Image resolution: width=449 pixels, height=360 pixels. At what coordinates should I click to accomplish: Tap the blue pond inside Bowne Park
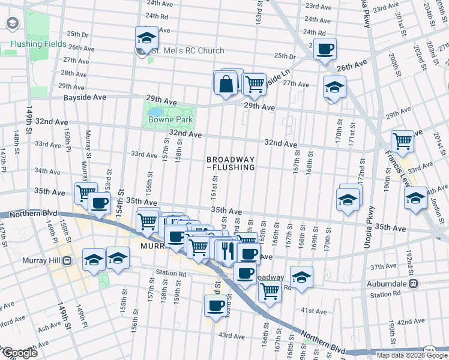coord(155,112)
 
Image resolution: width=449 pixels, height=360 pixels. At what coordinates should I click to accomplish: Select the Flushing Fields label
coord(37,44)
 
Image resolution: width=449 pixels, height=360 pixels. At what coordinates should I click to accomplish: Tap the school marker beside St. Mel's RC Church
coord(146,39)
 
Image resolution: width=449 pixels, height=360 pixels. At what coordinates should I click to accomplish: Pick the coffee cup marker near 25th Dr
coord(325,50)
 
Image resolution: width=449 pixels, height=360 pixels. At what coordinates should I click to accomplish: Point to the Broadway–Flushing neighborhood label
coord(231,164)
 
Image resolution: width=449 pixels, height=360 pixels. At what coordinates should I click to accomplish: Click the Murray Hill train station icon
coord(67,261)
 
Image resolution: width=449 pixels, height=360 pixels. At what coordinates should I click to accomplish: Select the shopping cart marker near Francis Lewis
coord(402,142)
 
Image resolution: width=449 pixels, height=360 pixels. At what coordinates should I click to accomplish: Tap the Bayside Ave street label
coord(85,97)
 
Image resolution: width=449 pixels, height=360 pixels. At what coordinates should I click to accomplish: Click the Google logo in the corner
coord(20,353)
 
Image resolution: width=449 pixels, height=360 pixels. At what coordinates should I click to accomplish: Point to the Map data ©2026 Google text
coord(412,355)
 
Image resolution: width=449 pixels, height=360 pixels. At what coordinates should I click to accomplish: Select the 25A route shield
coord(430,350)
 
